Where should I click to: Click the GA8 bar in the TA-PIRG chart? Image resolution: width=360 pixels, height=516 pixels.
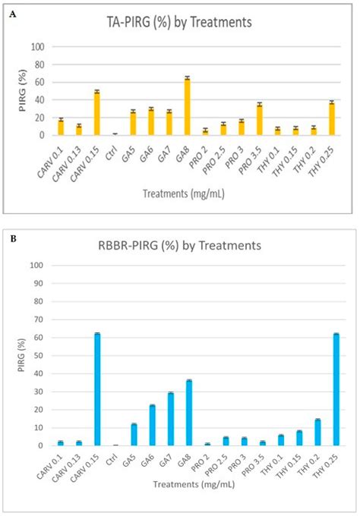187,107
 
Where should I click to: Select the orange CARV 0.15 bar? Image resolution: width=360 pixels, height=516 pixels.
96,113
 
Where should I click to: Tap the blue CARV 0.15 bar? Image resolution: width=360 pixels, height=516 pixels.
97,389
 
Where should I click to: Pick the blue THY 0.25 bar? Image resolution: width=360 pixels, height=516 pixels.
336,390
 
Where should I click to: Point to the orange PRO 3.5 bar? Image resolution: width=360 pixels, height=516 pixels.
260,120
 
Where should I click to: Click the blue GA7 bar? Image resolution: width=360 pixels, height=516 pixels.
171,419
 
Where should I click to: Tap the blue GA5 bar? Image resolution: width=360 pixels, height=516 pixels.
134,435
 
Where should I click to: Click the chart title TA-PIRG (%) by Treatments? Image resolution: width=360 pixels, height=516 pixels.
179,22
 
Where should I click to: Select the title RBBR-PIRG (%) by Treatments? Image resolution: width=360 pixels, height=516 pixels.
179,246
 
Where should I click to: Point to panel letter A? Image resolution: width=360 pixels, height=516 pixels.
13,14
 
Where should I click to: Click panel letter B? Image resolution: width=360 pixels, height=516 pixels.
14,238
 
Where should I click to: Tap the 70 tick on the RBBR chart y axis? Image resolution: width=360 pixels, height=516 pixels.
39,319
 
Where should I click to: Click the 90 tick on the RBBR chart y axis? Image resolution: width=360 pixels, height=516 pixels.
39,283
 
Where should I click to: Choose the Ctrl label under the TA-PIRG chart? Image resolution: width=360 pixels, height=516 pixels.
112,154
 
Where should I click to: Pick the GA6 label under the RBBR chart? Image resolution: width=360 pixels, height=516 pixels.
147,457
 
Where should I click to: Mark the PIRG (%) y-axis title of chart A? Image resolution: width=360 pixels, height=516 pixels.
22,90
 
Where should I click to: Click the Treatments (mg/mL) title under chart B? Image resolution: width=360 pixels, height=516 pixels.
194,484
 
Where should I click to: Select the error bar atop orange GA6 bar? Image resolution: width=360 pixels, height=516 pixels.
151,109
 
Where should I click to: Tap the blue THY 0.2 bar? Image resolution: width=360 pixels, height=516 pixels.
317,433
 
